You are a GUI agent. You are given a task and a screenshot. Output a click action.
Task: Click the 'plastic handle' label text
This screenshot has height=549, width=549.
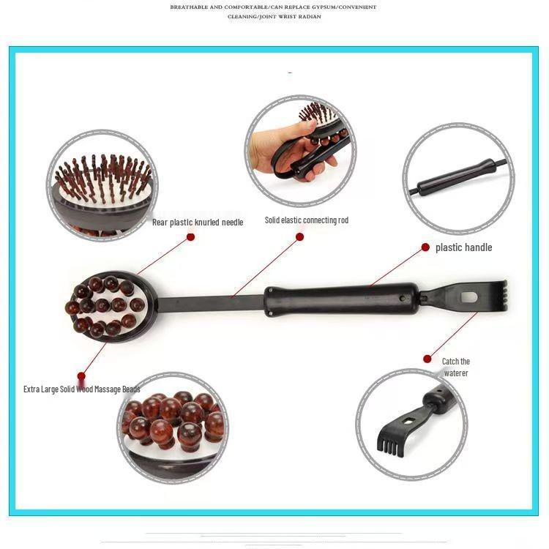(463, 247)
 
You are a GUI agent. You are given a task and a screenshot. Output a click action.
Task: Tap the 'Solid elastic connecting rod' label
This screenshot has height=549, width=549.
(306, 220)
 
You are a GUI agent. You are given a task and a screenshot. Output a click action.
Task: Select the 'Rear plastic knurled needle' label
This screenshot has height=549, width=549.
(198, 222)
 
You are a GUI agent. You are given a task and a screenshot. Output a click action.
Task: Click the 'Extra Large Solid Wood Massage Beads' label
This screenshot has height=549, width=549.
(81, 389)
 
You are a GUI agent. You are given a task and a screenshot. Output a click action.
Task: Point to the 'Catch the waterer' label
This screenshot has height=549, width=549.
(455, 367)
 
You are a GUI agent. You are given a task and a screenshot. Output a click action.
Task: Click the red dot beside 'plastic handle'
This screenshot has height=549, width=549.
(425, 247)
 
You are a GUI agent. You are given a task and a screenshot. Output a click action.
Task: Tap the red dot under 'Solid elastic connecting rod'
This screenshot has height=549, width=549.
(299, 236)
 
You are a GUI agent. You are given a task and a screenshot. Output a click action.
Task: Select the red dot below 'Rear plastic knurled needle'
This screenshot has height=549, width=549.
(190, 236)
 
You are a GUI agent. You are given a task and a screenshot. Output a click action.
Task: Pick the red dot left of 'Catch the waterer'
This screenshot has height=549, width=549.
(427, 359)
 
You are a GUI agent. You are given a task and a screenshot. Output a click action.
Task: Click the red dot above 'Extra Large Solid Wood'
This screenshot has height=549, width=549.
(81, 377)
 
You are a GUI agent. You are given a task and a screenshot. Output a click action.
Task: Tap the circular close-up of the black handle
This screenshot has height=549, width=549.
(458, 178)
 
